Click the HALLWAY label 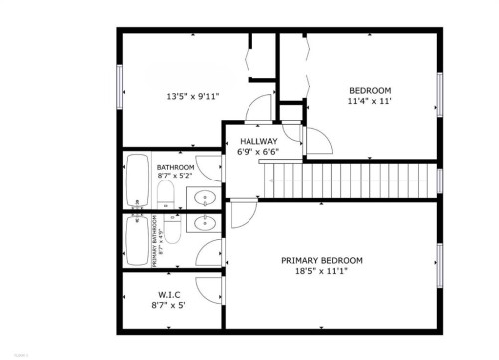pos(258,141)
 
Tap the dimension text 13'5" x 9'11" pos(192,97)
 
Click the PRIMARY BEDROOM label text pos(321,260)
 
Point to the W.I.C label pos(168,295)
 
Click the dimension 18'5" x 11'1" pos(321,271)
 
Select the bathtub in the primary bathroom pos(137,240)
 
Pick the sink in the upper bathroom pos(205,195)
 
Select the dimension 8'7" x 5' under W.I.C pos(168,306)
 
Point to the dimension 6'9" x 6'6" pos(258,152)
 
